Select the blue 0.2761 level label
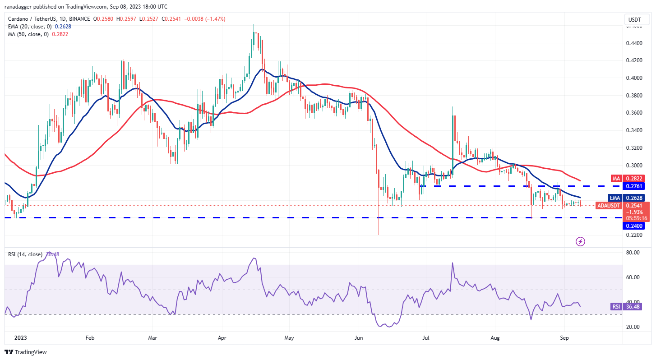pyautogui.click(x=634, y=186)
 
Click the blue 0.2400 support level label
pyautogui.click(x=634, y=226)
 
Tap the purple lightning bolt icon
pyautogui.click(x=581, y=241)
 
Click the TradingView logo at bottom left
pyautogui.click(x=26, y=352)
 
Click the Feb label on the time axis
pyautogui.click(x=89, y=337)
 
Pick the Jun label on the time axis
pyautogui.click(x=359, y=337)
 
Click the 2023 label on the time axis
pyautogui.click(x=20, y=337)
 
